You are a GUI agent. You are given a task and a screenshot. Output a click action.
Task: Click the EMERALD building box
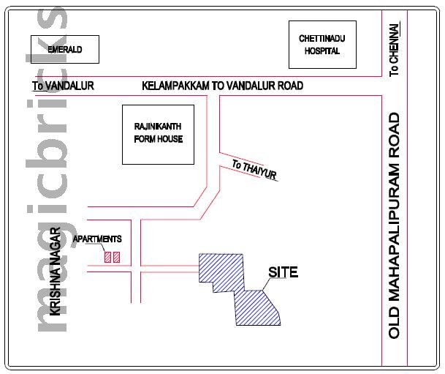point(64,50)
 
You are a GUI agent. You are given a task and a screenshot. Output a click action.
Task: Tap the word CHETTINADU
point(322,39)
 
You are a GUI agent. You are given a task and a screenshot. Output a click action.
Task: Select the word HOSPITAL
point(322,52)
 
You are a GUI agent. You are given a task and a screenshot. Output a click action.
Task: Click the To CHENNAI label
point(395,50)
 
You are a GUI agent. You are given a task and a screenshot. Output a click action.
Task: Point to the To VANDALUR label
point(63,86)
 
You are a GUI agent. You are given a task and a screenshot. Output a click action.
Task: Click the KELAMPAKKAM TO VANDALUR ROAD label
point(222,86)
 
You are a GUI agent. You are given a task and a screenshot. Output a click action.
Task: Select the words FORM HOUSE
point(158,139)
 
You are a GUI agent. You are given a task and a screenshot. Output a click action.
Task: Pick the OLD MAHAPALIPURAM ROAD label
point(395,225)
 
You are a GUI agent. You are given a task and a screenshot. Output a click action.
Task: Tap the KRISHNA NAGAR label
point(54,272)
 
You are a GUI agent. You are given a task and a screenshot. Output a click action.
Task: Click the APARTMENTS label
point(97,239)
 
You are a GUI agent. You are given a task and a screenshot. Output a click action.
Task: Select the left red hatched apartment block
point(107,257)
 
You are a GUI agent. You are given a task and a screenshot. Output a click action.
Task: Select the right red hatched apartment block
point(116,257)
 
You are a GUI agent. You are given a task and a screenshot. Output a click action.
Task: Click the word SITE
point(283,273)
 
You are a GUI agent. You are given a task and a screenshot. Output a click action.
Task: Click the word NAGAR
point(54,246)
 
